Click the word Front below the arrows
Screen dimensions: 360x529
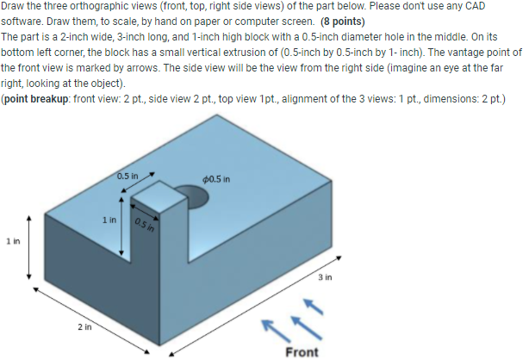[x=302, y=351]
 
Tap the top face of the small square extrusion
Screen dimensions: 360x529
[x=157, y=197]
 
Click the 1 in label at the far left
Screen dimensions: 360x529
[x=11, y=245]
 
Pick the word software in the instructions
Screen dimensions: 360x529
[x=21, y=22]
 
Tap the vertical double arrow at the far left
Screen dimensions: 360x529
[x=31, y=246]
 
